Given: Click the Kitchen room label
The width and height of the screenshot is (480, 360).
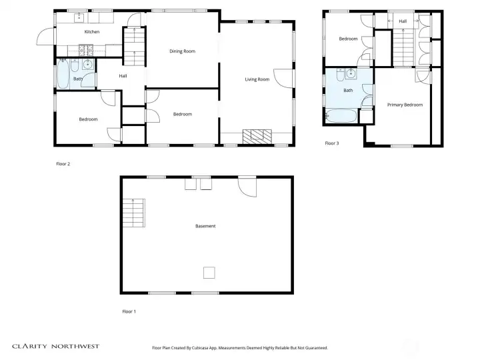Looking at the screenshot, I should coord(92,32).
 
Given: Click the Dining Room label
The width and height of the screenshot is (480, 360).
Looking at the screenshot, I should coord(182,51).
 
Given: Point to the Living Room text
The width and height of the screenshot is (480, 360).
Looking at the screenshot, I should coord(257,79).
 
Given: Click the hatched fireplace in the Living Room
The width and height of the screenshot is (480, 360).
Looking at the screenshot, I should coord(257,137).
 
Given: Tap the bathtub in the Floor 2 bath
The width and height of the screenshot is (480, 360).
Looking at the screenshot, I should coord(63,75).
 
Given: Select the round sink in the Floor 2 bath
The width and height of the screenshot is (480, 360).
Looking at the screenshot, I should coord(88,65).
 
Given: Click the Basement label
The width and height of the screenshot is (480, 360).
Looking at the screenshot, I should coord(205,226).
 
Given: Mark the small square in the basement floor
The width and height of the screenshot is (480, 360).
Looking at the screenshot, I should coord(209,271).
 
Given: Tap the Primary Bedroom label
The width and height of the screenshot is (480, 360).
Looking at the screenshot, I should coord(405,105).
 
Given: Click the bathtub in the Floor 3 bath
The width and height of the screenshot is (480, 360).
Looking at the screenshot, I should coord(341,117).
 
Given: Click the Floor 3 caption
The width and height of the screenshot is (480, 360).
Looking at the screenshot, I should coord(332,143).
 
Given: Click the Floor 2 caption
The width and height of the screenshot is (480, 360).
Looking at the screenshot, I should coord(63,163).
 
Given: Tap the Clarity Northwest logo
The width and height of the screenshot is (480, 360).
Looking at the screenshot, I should coord(55,346).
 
